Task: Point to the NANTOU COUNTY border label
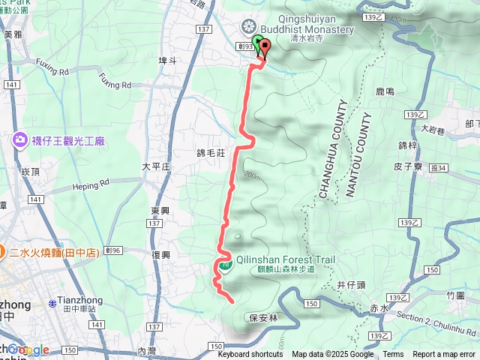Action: [x=358, y=154]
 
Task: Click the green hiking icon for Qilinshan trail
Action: [x=224, y=263]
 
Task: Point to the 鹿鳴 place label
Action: [x=385, y=91]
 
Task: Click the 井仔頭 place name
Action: [x=350, y=285]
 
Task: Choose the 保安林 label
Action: [x=263, y=317]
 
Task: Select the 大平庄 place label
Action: [x=156, y=166]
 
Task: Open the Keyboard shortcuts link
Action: [x=250, y=355]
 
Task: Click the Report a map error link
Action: [x=444, y=355]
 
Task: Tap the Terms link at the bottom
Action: [x=393, y=355]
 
